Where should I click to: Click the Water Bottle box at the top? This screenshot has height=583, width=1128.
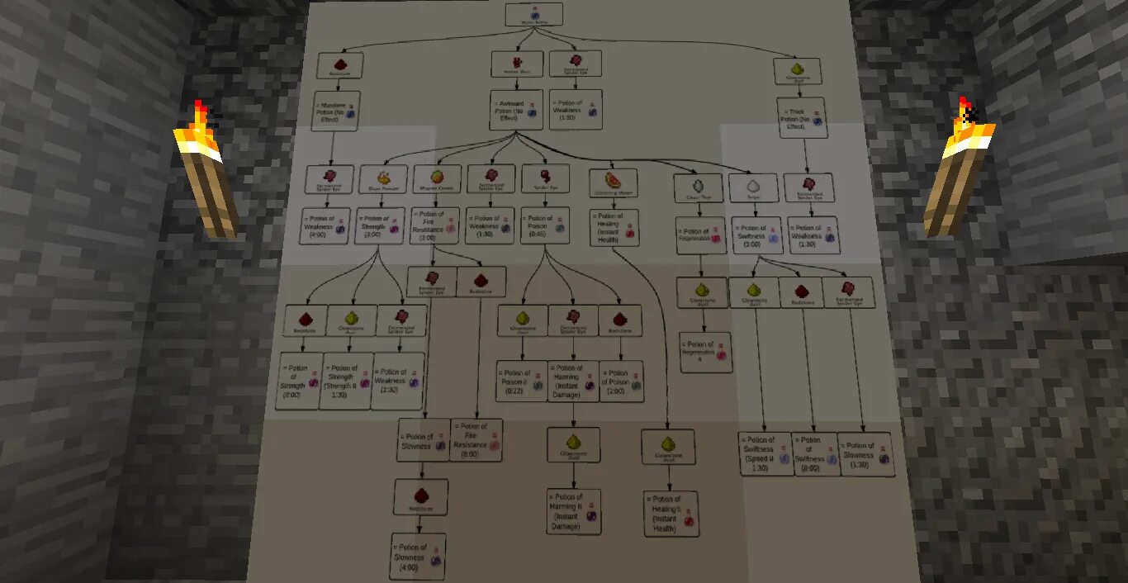(533, 13)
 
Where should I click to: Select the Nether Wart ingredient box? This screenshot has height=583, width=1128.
(516, 64)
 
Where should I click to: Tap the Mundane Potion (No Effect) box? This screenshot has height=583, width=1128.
(335, 111)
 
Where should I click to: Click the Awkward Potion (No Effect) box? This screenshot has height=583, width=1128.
(516, 110)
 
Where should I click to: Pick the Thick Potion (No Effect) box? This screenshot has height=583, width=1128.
(800, 116)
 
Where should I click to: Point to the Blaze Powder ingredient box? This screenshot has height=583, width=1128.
(383, 178)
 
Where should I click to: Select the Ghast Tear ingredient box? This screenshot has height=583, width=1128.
(698, 188)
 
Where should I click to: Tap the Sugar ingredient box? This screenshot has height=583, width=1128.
(752, 188)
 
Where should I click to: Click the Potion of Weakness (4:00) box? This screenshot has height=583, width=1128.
(329, 225)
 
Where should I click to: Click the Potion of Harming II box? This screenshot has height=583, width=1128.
(574, 510)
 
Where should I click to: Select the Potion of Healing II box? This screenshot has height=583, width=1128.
(671, 513)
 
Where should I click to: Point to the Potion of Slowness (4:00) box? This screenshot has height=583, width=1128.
(418, 556)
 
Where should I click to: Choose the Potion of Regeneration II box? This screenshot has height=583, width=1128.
(704, 352)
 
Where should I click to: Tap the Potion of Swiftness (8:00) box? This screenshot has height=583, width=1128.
(815, 453)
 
